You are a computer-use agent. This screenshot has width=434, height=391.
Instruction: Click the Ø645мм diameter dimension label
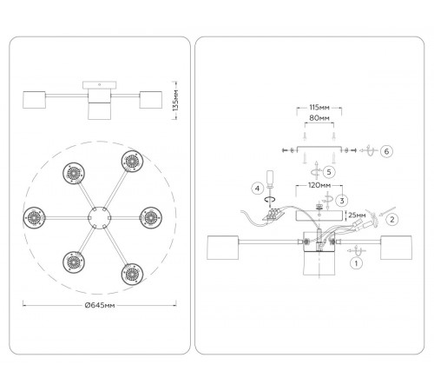pos(100,305)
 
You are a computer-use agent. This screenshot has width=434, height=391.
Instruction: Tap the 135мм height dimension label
pos(175,100)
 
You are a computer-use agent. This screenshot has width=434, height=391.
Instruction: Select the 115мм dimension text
pos(319,108)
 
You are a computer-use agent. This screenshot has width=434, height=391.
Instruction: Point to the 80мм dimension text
pos(319,118)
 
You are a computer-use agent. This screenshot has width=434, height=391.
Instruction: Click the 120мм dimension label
pos(319,185)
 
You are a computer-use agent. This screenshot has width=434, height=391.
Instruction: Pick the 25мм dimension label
pos(357,215)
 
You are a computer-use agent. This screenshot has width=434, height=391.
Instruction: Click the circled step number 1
pos(356,263)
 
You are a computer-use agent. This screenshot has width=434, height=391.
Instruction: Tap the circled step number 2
pos(392,219)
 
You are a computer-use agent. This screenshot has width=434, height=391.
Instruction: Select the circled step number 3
pos(342,201)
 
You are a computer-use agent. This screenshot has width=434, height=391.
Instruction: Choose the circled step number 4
pos(257,189)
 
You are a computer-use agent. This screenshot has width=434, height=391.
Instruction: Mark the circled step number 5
pos(329,172)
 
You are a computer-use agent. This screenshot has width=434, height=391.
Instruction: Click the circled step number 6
pos(386,151)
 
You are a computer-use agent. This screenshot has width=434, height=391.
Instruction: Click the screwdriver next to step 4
pos(270,189)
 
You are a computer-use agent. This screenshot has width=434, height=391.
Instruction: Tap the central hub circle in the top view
pos(99,217)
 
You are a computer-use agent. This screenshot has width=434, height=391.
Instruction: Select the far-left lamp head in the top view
pos(34,217)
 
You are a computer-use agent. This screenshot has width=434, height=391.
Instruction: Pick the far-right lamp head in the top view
pos(151,217)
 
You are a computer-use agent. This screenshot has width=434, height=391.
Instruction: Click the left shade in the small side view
pos(34,100)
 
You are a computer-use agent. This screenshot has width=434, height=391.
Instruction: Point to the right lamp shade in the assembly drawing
pos(396,248)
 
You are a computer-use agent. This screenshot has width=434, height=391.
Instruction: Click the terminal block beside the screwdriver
pos(274,215)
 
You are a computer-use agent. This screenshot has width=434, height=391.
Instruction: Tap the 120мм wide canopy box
pos(319,216)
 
